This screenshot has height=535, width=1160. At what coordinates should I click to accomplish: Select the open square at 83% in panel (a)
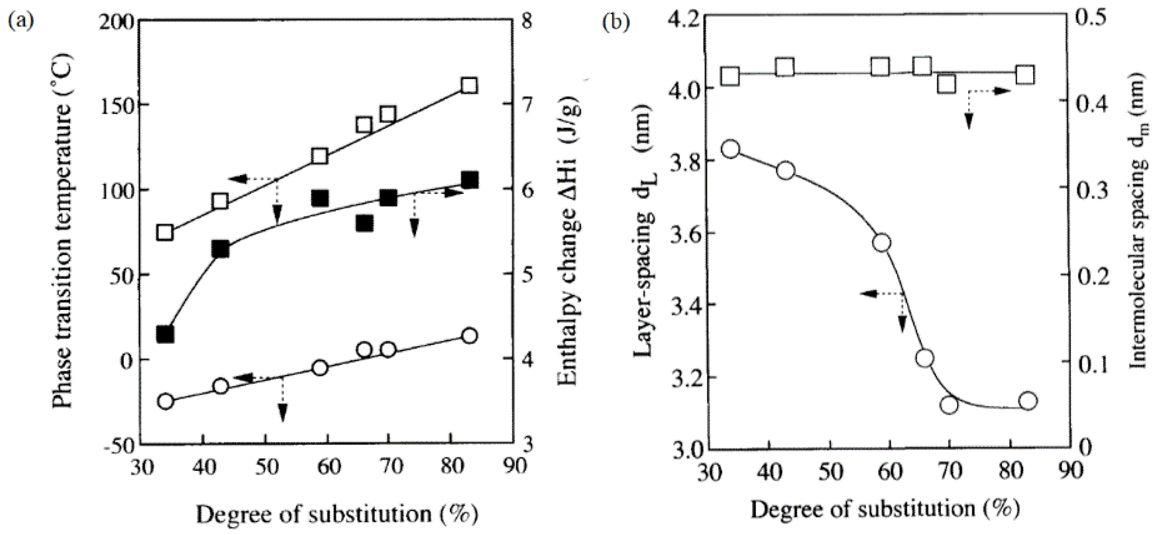(x=469, y=86)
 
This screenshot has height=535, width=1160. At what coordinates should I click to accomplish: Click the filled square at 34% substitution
(x=165, y=334)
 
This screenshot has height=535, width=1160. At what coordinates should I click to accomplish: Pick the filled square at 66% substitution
(x=365, y=224)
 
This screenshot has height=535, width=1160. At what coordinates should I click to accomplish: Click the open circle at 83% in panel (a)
(x=469, y=336)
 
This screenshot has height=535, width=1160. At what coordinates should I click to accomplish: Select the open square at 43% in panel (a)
(x=221, y=201)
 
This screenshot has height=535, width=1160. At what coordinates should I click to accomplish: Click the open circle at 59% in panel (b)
(x=881, y=243)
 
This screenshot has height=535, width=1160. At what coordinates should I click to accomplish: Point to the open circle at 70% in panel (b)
(x=950, y=405)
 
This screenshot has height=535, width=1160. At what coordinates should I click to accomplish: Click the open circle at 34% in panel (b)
(x=730, y=150)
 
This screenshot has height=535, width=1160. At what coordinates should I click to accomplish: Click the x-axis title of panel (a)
(x=337, y=514)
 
